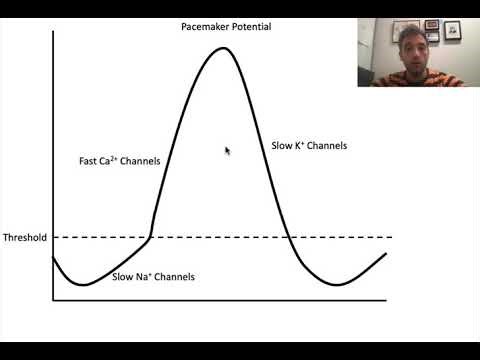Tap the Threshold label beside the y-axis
tap(24, 238)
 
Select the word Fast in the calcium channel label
tap(89, 161)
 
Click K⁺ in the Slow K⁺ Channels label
tap(300, 146)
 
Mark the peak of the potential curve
tap(221, 47)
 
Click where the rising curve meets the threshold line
tap(150, 237)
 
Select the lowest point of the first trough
tap(84, 284)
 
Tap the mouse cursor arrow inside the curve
tap(227, 150)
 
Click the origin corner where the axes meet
tap(52, 299)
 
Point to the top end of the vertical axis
tap(52, 31)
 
